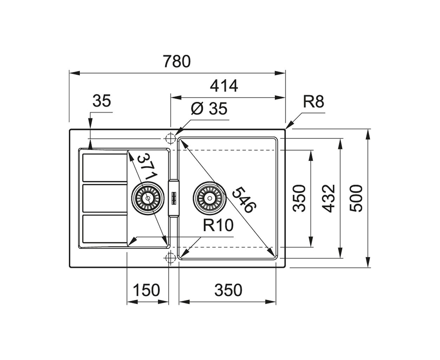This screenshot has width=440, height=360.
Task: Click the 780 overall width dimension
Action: click(x=176, y=62)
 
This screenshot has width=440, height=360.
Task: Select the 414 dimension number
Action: click(x=224, y=86)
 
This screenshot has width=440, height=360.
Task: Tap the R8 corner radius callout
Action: click(x=313, y=102)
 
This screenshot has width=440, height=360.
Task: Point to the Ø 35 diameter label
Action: click(x=209, y=109)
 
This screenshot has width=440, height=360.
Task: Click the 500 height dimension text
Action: click(x=356, y=199)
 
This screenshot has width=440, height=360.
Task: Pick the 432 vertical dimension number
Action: click(x=328, y=199)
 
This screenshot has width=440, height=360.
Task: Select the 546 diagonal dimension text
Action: click(x=244, y=200)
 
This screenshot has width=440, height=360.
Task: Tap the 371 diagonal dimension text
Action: click(x=147, y=167)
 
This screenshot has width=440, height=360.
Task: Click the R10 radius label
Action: click(x=218, y=225)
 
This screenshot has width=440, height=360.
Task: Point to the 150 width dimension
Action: click(x=146, y=290)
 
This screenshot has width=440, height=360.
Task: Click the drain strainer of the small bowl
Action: click(x=148, y=198)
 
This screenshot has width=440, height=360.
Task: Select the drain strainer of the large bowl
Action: click(x=209, y=198)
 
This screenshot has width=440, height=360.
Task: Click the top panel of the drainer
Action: click(x=105, y=168)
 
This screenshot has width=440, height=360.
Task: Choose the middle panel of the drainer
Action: click(x=105, y=198)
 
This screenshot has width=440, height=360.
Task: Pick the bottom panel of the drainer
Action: click(x=105, y=229)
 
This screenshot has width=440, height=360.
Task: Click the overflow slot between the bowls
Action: click(x=174, y=198)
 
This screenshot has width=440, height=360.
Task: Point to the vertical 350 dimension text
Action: click(x=299, y=199)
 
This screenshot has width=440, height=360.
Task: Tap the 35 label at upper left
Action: click(x=102, y=101)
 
